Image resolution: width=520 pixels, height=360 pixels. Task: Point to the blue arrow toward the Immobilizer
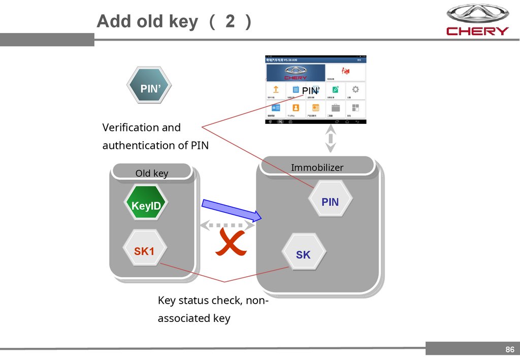click(232, 210)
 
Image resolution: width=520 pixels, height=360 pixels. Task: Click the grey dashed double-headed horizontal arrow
click(227, 224)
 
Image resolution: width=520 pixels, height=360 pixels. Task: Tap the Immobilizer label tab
click(317, 168)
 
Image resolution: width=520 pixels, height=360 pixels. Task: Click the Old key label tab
click(152, 173)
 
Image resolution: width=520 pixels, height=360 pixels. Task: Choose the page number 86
click(509, 349)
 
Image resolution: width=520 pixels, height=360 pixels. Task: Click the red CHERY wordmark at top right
click(477, 31)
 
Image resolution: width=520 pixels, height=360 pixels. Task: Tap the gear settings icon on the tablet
click(355, 89)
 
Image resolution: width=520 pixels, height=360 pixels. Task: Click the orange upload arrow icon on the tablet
click(276, 89)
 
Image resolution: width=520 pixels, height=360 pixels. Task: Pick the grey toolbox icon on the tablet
click(336, 108)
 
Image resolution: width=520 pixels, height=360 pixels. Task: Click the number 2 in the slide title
click(231, 22)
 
